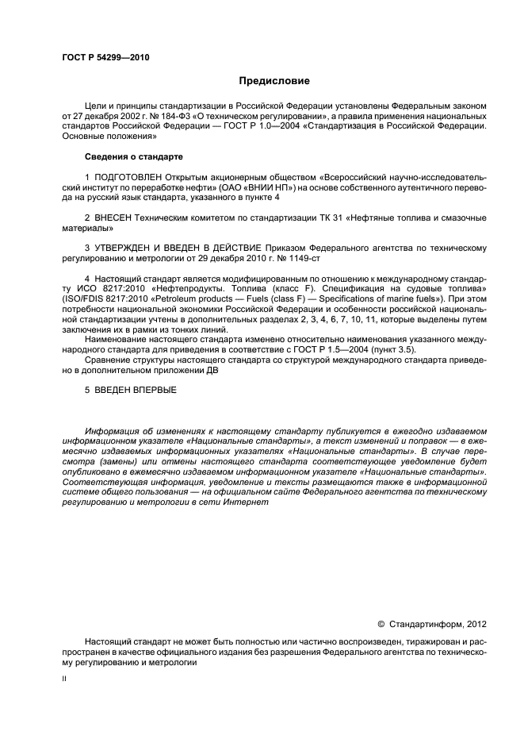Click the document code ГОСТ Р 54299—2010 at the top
[105, 58]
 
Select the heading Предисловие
[274, 81]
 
